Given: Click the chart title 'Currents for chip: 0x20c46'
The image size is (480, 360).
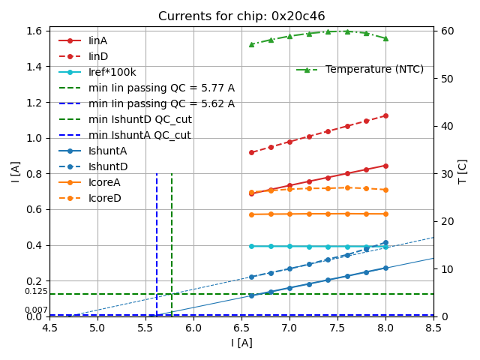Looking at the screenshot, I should point(241,16).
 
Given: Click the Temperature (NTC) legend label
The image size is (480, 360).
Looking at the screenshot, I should point(374,69).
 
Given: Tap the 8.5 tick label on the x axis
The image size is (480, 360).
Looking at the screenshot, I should point(433,328).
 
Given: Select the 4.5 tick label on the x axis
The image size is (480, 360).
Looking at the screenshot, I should point(49,328).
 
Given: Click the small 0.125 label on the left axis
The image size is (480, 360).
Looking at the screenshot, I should point(35,291).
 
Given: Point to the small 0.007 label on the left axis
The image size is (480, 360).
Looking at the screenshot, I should point(35,310).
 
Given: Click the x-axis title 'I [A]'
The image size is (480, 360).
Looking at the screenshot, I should point(241,343).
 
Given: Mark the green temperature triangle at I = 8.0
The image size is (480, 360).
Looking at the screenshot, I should point(385,38).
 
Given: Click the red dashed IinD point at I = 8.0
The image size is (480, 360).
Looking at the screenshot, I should point(385,115).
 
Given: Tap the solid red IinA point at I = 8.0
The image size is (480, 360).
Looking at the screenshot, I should point(385,166).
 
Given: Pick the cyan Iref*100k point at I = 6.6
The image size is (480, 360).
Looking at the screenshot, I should point(251,246).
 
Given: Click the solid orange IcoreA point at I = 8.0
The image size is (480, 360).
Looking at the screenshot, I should point(385,214).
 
